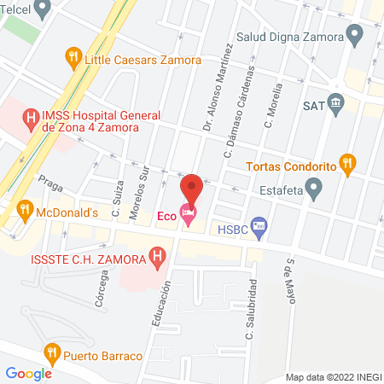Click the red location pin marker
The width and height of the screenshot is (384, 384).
coord(191,188)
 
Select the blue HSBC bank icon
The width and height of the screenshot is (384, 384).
coord(260,228)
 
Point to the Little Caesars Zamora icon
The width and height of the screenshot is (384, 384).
coord(74,60)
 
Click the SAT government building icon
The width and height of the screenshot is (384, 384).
coord(335,105)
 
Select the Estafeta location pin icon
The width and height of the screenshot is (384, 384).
coord(315,189)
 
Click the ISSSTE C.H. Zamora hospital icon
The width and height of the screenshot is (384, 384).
coord(157,254)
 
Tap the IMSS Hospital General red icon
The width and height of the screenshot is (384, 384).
coord(32,118)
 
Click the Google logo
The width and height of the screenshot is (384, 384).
coord(28,373)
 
